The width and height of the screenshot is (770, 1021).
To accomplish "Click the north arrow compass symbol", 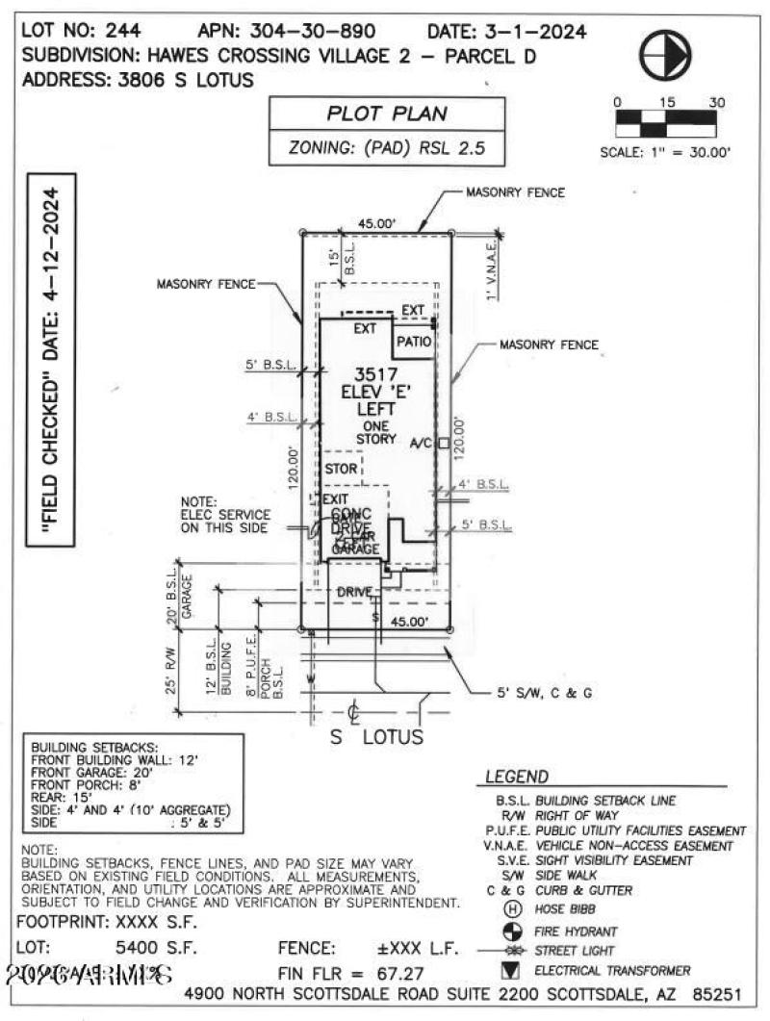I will click(666, 58).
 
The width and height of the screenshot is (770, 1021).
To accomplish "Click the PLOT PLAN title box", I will click(387, 114).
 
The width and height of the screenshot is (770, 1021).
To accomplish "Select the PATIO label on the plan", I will click(411, 342).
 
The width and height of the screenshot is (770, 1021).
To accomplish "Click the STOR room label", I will click(341, 469).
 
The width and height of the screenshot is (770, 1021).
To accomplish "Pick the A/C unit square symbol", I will click(443, 444).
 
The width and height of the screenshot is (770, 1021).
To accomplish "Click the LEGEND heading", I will click(516, 778).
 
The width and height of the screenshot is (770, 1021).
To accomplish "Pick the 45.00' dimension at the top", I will click(376, 223).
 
